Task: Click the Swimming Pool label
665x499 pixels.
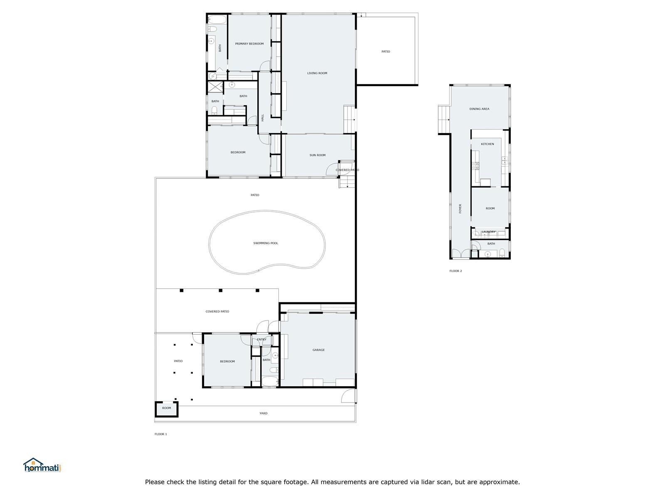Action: [x=266, y=243]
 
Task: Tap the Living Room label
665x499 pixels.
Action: [x=317, y=73]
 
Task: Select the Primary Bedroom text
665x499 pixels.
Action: [x=249, y=44]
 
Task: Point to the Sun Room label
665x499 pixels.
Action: [x=317, y=155]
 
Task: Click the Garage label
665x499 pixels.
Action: [x=318, y=350]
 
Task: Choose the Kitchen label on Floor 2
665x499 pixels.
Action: [x=487, y=144]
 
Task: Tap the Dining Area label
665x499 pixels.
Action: [x=479, y=109]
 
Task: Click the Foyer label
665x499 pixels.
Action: [x=460, y=208]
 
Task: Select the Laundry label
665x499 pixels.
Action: [x=488, y=232]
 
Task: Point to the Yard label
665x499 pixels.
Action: [x=263, y=413]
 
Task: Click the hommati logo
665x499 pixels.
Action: [x=42, y=465]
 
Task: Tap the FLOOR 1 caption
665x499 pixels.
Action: [x=160, y=434]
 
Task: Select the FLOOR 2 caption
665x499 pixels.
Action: [x=456, y=271]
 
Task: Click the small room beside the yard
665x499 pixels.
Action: [x=166, y=409]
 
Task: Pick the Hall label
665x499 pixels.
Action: [x=262, y=118]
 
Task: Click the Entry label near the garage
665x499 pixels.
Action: [x=261, y=339]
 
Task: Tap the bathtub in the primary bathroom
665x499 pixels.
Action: [x=217, y=20]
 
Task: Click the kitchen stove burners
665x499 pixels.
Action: [x=475, y=166]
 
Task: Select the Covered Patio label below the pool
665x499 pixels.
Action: [x=217, y=311]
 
